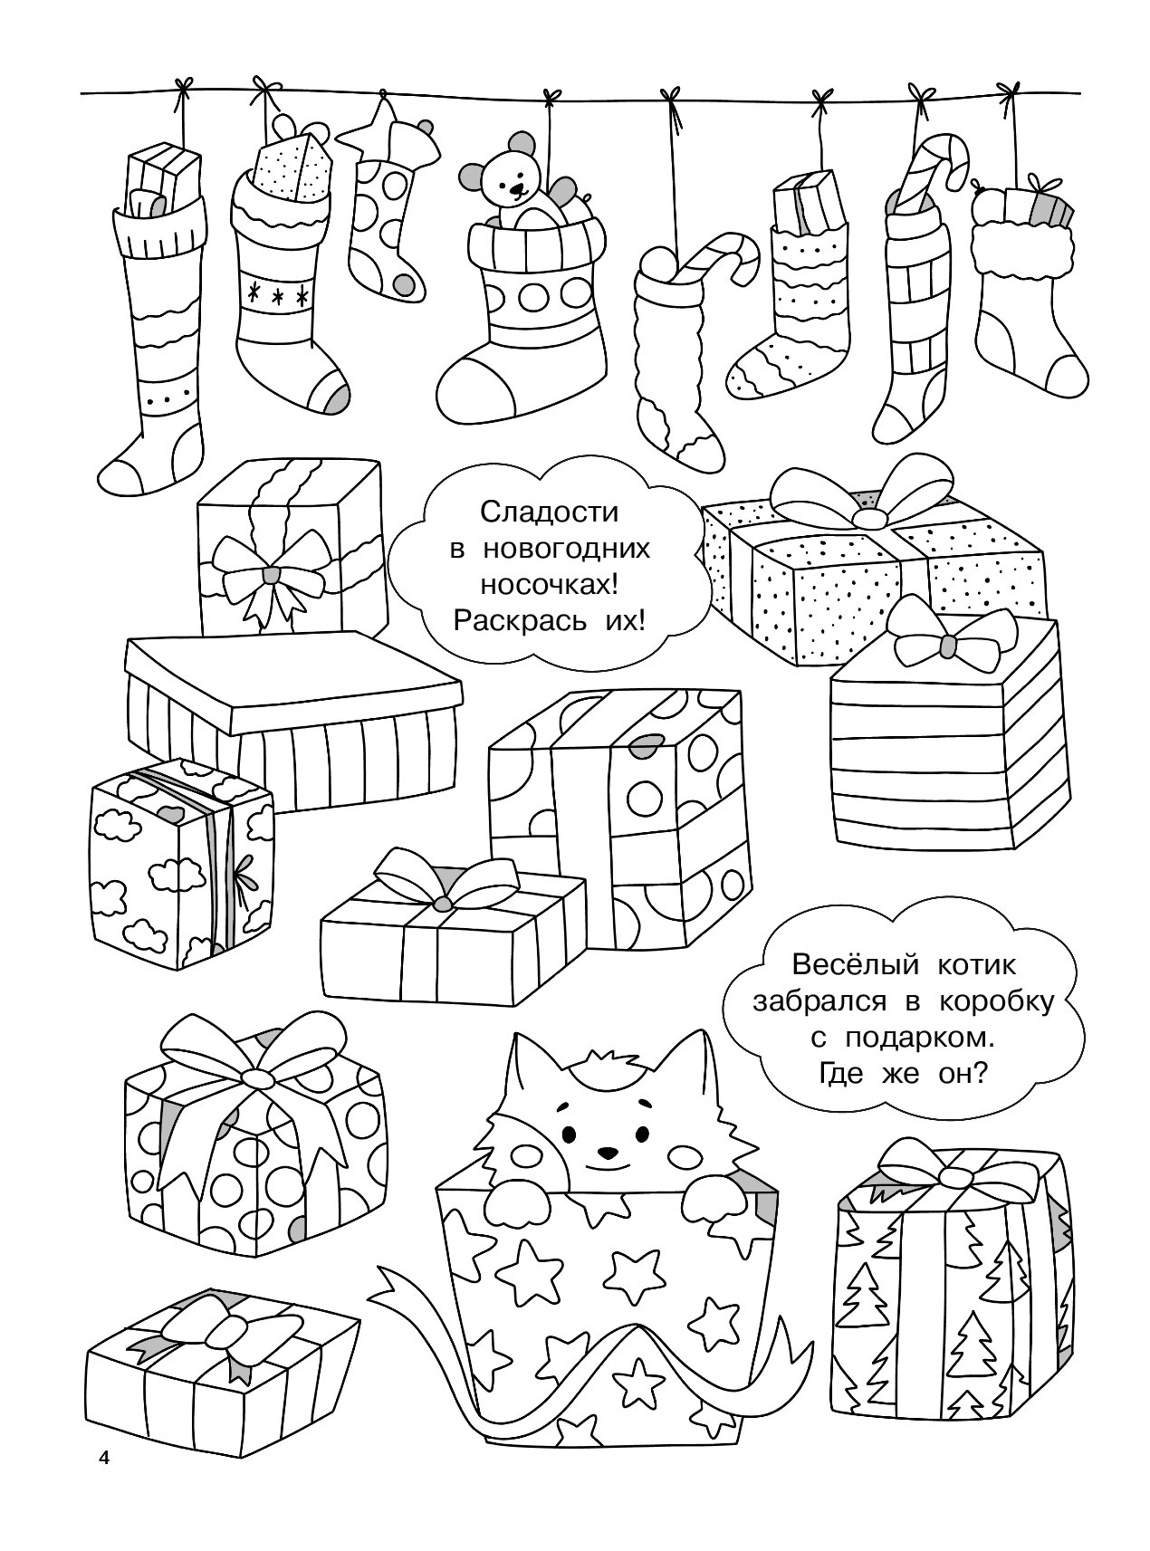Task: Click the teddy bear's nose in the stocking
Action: click(517, 190)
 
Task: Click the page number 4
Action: click(103, 1483)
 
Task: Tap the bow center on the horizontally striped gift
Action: click(946, 645)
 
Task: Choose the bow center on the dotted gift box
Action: click(870, 518)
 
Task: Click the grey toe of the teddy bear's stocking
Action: click(493, 391)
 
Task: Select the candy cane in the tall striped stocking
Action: click(928, 172)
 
